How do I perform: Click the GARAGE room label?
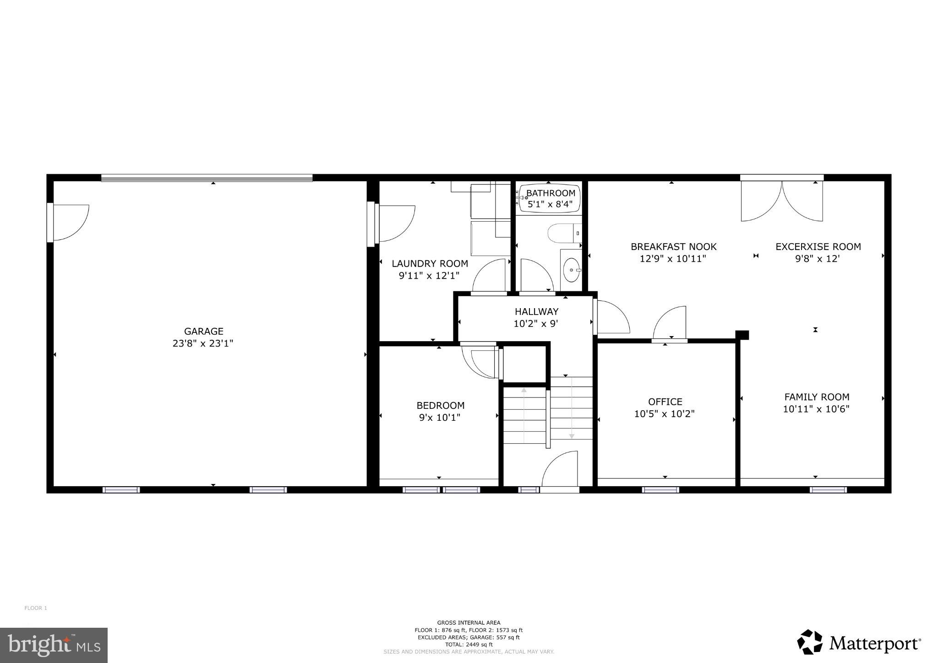[x=203, y=331]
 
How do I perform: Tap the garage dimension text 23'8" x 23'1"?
[x=203, y=343]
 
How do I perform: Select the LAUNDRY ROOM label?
[x=430, y=263]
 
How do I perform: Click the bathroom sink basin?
[x=571, y=270]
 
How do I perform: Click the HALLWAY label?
[x=536, y=311]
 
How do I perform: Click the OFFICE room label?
[x=665, y=402]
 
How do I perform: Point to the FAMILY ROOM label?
[x=817, y=397]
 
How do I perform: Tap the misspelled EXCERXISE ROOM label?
[x=818, y=246]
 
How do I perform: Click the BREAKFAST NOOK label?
[x=673, y=246]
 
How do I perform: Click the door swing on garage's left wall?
[x=70, y=222]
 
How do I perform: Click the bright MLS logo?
[x=54, y=645]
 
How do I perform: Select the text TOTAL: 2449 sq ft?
[x=469, y=644]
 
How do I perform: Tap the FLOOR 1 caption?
[x=36, y=608]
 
